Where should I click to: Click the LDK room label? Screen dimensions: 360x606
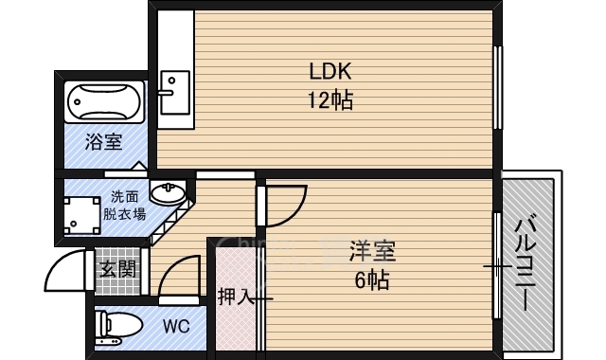coord(330,70)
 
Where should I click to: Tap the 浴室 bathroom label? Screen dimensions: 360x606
coord(103,143)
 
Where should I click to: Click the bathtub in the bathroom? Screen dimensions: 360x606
coord(104,103)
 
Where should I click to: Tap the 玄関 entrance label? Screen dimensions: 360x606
coord(118,269)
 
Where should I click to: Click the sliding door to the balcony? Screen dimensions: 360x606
coord(496,266)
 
